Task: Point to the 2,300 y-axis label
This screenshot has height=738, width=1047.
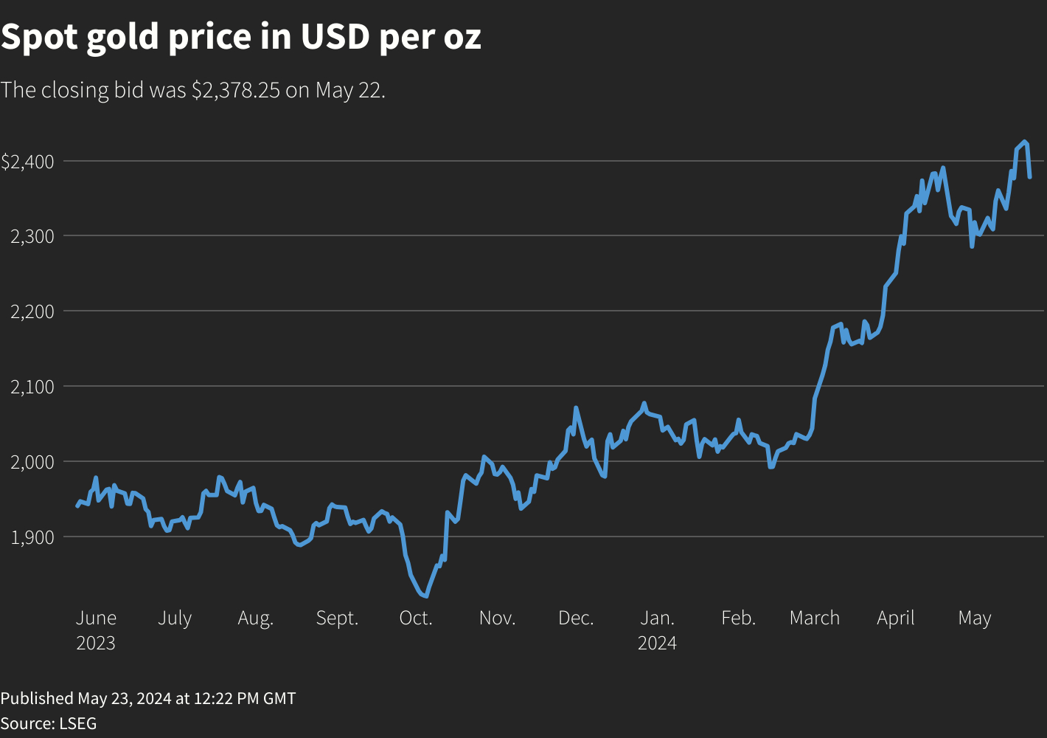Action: (33, 236)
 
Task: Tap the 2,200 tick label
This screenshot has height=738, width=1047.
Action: (33, 311)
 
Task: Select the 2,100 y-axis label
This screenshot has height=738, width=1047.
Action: (33, 387)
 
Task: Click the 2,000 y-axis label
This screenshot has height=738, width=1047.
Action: (33, 462)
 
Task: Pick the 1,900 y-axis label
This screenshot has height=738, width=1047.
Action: (33, 537)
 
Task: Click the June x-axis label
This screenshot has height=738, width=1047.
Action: (96, 618)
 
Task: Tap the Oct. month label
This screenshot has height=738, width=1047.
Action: (416, 618)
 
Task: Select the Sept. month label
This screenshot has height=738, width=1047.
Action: (337, 618)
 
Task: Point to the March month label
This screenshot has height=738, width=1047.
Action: (814, 618)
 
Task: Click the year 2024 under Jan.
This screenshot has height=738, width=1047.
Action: (657, 644)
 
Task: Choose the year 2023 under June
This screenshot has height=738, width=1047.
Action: (96, 644)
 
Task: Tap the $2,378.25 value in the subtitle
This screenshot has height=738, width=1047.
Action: (235, 90)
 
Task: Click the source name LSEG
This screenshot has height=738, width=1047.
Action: (77, 723)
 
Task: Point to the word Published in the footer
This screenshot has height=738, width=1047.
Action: (37, 698)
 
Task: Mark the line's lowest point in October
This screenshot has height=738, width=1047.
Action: (426, 596)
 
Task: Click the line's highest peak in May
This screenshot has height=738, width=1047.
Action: (1024, 141)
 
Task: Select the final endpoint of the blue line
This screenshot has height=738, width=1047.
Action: (1029, 177)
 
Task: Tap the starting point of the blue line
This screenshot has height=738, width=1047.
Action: (77, 506)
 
